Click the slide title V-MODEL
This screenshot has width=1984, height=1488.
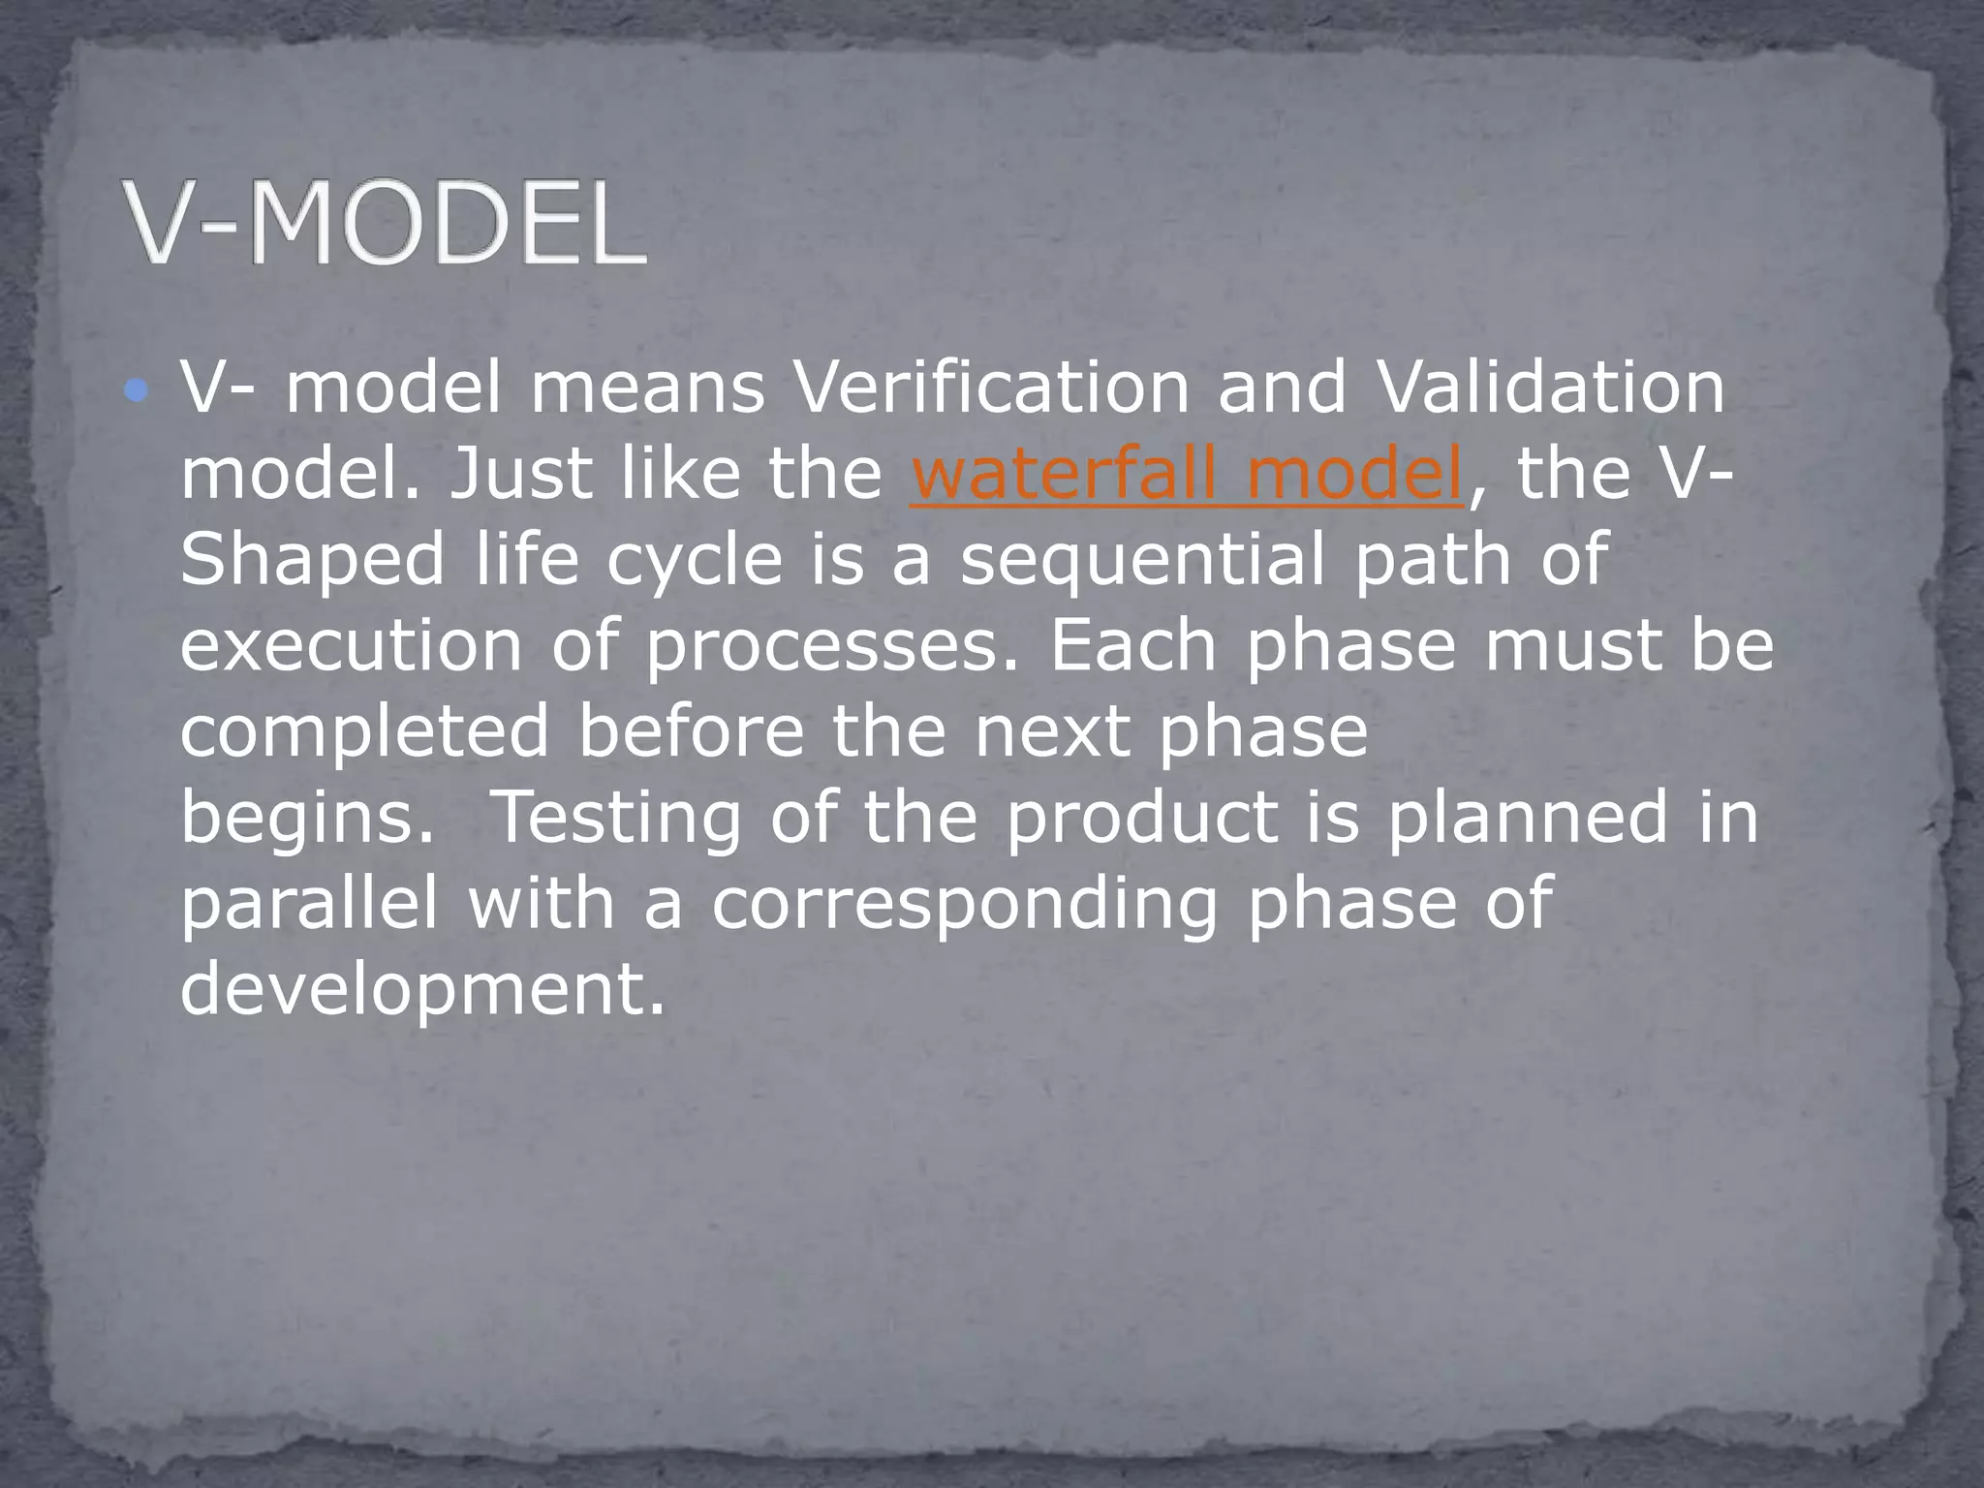385,225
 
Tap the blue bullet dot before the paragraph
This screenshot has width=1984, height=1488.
137,391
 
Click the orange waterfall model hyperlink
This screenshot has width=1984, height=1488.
1187,474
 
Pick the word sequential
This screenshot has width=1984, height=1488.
1141,560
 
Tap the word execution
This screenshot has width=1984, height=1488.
351,645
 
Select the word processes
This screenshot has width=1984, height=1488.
832,647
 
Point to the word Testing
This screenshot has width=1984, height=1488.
617,819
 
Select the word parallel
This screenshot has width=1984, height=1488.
309,903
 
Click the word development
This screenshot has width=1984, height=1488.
422,989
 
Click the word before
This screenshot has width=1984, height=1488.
691,731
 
